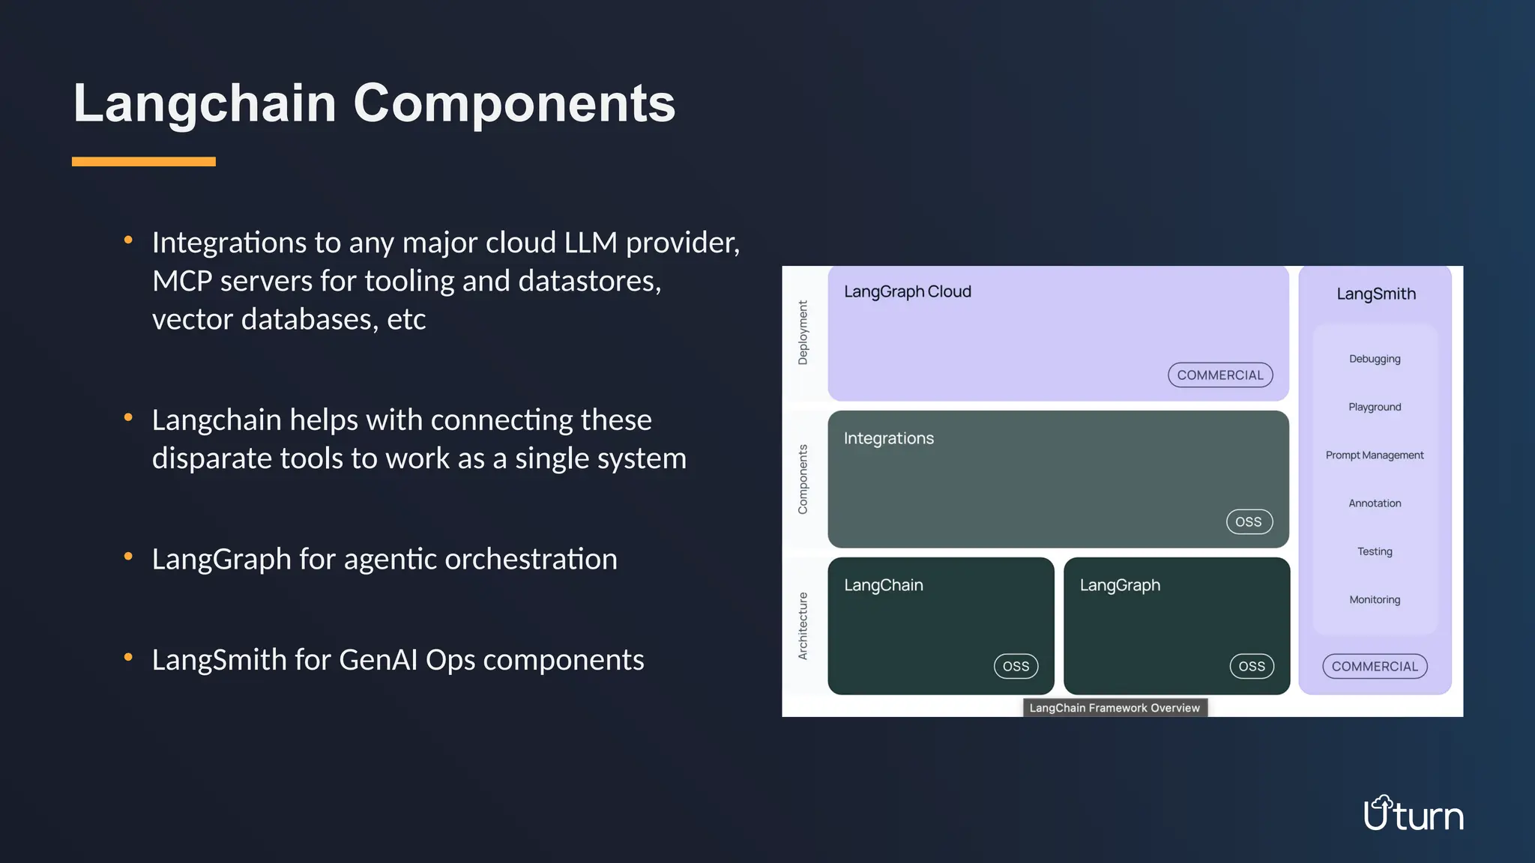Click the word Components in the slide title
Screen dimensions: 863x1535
(x=514, y=103)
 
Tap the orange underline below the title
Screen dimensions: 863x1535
(x=144, y=161)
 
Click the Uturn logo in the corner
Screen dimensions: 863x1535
(x=1413, y=814)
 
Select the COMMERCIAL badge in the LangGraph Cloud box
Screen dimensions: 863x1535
(x=1219, y=375)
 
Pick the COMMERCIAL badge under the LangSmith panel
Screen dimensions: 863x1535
(x=1374, y=666)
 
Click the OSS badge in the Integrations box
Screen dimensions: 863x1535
(x=1249, y=521)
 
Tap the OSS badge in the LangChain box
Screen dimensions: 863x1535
(x=1016, y=666)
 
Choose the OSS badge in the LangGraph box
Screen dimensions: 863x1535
(x=1251, y=666)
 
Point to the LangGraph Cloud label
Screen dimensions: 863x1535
(x=907, y=291)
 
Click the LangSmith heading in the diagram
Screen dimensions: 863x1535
(x=1375, y=294)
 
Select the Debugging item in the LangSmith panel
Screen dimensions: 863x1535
(x=1374, y=359)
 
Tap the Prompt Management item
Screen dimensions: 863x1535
(x=1374, y=455)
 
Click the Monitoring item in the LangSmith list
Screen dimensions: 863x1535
(x=1374, y=599)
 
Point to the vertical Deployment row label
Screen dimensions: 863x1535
(x=803, y=333)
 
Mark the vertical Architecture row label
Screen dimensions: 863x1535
(x=803, y=626)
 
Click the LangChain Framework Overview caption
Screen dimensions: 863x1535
(x=1114, y=708)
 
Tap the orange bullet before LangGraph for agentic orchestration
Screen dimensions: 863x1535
(x=128, y=557)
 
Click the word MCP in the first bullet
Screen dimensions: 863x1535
(x=182, y=281)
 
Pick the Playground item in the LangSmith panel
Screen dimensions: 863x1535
(x=1374, y=407)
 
